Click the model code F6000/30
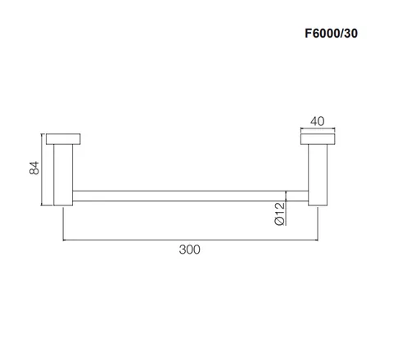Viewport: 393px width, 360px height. pyautogui.click(x=331, y=34)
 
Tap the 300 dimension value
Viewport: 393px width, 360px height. pyautogui.click(x=189, y=250)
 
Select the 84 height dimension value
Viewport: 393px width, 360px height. pyautogui.click(x=34, y=168)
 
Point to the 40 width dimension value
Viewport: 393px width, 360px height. pyautogui.click(x=318, y=121)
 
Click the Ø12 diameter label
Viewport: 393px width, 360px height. pyautogui.click(x=279, y=214)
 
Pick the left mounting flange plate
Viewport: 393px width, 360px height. pyautogui.click(x=63, y=139)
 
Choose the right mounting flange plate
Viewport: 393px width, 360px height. pyautogui.click(x=318, y=139)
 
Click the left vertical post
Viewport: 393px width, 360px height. pyautogui.click(x=63, y=175)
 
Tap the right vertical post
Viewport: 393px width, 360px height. pyautogui.click(x=318, y=175)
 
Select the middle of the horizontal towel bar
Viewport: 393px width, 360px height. pyautogui.click(x=191, y=196)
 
